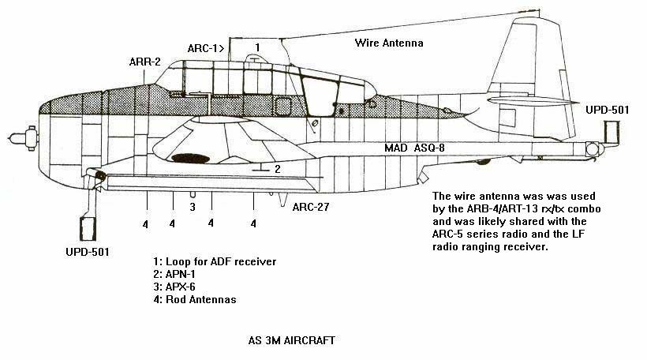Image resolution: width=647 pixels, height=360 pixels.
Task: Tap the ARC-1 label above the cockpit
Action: (206, 48)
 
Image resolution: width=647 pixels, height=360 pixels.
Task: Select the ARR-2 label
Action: (145, 62)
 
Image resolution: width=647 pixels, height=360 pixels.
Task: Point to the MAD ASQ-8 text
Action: (418, 148)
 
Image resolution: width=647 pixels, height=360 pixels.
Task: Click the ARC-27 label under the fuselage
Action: (310, 208)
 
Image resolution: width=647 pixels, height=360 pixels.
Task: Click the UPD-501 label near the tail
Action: (608, 110)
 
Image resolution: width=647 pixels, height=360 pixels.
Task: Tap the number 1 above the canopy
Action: (256, 48)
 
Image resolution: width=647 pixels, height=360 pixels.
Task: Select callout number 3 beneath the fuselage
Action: (192, 208)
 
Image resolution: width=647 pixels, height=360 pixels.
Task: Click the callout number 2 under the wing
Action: (277, 169)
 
